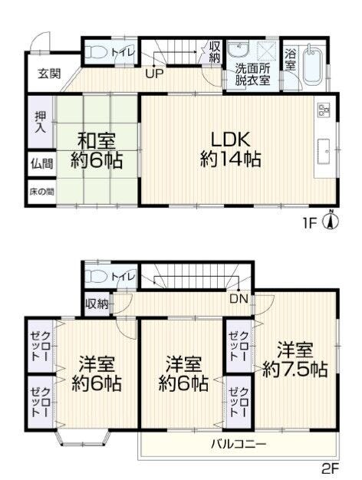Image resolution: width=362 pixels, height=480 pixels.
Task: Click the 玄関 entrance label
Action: click(x=49, y=74)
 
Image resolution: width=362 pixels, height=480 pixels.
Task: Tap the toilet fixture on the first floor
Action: click(x=95, y=52)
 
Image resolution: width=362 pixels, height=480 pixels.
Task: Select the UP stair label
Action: click(x=154, y=74)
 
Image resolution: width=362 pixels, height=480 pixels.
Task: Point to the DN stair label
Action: click(x=239, y=299)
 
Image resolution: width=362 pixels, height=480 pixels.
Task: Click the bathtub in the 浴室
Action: click(x=313, y=64)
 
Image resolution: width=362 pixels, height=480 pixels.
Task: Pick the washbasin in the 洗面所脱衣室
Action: click(x=239, y=48)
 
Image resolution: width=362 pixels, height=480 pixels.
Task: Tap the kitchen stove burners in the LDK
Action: click(x=324, y=110)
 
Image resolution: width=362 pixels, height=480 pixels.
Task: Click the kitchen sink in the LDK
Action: click(x=324, y=152)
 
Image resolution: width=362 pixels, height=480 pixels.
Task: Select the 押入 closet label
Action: click(x=41, y=122)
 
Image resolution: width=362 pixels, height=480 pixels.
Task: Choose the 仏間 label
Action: click(x=42, y=164)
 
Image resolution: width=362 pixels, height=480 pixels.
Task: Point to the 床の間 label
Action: click(x=42, y=192)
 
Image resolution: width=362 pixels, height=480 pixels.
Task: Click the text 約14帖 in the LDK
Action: click(x=231, y=159)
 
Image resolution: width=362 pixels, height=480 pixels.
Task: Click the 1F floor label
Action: click(x=310, y=224)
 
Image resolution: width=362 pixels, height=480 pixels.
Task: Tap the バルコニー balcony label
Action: click(x=239, y=443)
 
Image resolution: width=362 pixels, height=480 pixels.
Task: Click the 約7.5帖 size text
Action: click(x=295, y=370)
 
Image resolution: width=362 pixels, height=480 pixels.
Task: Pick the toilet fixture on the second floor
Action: click(x=96, y=276)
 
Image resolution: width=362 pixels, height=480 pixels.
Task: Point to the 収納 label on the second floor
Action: click(x=97, y=304)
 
